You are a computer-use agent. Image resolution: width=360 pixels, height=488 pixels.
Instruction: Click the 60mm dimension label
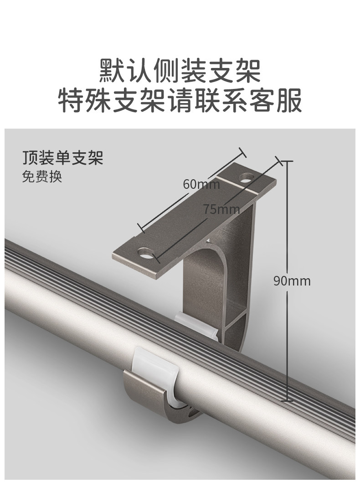(201, 184)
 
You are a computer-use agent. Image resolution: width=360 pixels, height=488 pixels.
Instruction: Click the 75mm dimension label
(221, 209)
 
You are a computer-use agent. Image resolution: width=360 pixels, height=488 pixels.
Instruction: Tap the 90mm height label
(292, 280)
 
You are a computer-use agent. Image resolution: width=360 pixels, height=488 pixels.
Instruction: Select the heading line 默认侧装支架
(180, 70)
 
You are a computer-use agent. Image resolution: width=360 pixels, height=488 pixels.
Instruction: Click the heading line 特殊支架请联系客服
(180, 101)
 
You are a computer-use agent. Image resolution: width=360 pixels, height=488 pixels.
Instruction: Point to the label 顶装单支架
(63, 157)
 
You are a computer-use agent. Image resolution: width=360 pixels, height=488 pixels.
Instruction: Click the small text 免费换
(42, 177)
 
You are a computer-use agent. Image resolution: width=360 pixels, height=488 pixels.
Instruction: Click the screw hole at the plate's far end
(247, 176)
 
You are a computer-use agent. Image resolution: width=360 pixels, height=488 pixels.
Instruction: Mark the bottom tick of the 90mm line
(287, 401)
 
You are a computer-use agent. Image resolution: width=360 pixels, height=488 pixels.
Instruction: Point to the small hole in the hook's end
(188, 413)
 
